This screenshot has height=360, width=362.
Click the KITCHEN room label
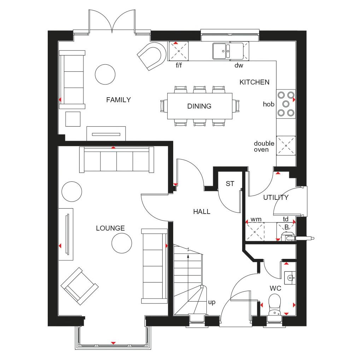click(x=255, y=82)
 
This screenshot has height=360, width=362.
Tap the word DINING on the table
click(x=199, y=106)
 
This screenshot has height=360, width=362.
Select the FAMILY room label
click(x=118, y=100)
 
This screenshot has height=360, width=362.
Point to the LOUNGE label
click(x=110, y=228)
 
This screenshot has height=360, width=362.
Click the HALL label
click(x=202, y=211)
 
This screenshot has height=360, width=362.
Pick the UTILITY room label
click(x=276, y=197)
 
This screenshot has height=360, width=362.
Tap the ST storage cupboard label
click(x=230, y=184)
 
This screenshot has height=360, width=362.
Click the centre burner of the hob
click(x=286, y=104)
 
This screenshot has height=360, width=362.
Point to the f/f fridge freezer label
click(x=179, y=65)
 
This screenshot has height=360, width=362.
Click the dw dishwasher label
click(x=239, y=65)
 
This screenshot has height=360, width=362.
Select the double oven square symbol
click(x=286, y=146)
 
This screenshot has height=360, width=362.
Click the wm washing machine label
click(x=256, y=219)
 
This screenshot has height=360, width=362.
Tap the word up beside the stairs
click(x=212, y=302)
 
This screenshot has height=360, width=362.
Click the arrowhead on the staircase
click(x=188, y=256)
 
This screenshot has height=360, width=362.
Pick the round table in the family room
click(x=105, y=74)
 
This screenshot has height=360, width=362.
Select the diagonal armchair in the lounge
click(x=80, y=286)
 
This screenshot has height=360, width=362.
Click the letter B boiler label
click(x=286, y=227)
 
